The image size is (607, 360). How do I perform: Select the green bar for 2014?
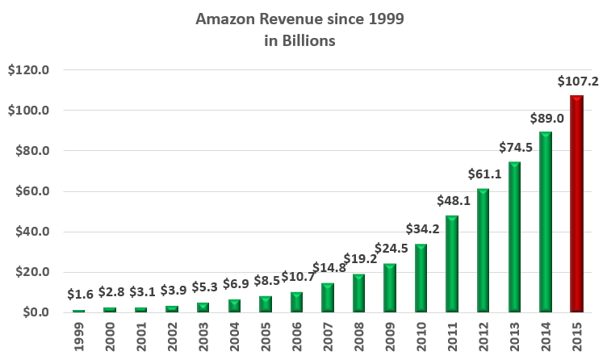[x=546, y=222]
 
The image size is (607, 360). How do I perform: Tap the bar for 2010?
[x=421, y=278]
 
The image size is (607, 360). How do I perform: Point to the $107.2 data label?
[x=577, y=82]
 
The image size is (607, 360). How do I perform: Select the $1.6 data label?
[x=79, y=296]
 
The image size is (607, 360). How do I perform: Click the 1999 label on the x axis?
[x=79, y=337]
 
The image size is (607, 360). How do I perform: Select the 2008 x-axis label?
[x=359, y=337]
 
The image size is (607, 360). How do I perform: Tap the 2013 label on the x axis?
[x=515, y=337]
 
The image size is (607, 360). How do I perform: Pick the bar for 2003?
[x=203, y=308]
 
